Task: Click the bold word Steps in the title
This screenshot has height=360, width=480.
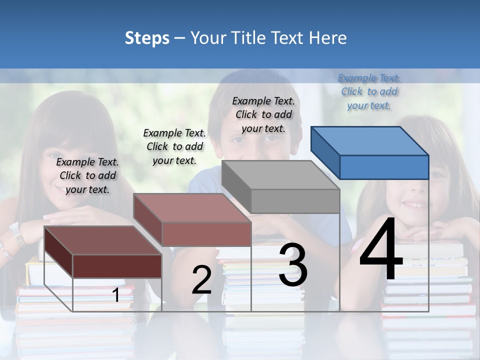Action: coord(147,38)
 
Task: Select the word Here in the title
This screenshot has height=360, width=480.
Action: coord(328,38)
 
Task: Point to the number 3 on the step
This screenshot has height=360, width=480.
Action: coord(292,265)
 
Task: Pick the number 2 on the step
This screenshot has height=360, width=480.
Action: coord(201,280)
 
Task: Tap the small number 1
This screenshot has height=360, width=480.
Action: coord(116,295)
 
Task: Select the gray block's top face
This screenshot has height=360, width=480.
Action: coord(280,175)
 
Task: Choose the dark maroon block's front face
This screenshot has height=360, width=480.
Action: coord(117,266)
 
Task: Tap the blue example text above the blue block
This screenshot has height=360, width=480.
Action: coord(369,92)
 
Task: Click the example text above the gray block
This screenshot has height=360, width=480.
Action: coord(263,114)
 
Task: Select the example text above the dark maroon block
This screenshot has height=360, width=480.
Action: coord(87,175)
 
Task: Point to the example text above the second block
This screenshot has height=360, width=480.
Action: coord(174,146)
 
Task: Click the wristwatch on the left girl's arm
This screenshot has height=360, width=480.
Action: coord(16,233)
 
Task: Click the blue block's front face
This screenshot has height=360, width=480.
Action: coord(384,167)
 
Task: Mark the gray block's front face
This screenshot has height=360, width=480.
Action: coord(295,201)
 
